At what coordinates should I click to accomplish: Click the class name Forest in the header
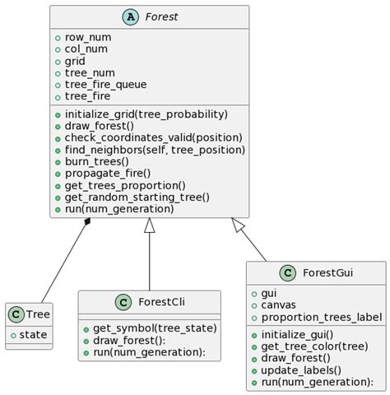pyautogui.click(x=161, y=16)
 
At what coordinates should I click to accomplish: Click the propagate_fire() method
pyautogui.click(x=107, y=174)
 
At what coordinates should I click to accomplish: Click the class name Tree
pyautogui.click(x=38, y=314)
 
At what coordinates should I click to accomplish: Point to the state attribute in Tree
pyautogui.click(x=33, y=334)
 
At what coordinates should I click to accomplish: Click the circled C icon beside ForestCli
pyautogui.click(x=123, y=302)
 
